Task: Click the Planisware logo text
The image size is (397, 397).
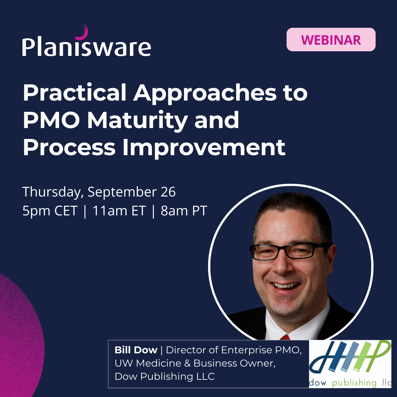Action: pyautogui.click(x=87, y=47)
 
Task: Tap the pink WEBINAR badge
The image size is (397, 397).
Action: pyautogui.click(x=331, y=40)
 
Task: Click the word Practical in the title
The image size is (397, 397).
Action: pyautogui.click(x=75, y=93)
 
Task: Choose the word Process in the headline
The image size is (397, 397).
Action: pyautogui.click(x=69, y=147)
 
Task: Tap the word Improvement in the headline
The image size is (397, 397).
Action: pyautogui.click(x=204, y=147)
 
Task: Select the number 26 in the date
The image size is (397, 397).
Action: pyautogui.click(x=168, y=192)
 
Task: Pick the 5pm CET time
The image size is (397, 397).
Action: pyautogui.click(x=50, y=211)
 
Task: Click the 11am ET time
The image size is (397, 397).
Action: pyautogui.click(x=119, y=211)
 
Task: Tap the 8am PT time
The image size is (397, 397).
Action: pyautogui.click(x=184, y=211)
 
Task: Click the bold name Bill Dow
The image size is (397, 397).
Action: pyautogui.click(x=136, y=350)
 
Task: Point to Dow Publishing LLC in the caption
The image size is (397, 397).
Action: pyautogui.click(x=164, y=376)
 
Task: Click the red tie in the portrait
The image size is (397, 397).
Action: pyautogui.click(x=285, y=337)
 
